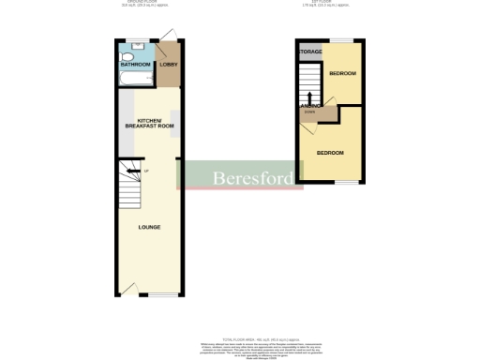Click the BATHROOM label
[x=136, y=65]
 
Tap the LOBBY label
[x=168, y=65]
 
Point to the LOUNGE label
[x=148, y=227]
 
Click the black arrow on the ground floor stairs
[x=132, y=170]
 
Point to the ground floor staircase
[x=129, y=187]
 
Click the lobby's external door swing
[x=166, y=37]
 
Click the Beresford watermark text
[x=243, y=175]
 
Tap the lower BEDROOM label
[x=329, y=153]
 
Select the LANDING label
[x=308, y=107]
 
